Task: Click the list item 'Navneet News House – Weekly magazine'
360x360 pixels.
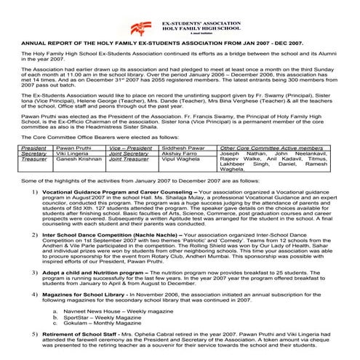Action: coord(120,311)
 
